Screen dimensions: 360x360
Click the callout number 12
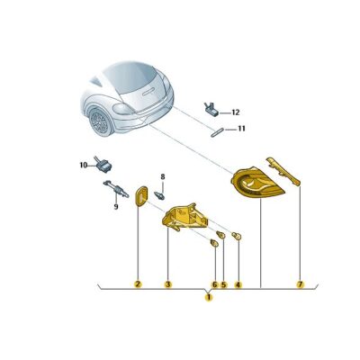pos(236,112)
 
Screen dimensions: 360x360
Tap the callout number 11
pos(241,129)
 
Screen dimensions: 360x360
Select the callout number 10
pos(84,165)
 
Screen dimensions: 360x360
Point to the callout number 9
pos(116,207)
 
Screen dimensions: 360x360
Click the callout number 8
pos(163,176)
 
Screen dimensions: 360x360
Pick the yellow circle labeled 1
pos(208,298)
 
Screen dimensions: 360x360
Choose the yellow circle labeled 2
pos(138,284)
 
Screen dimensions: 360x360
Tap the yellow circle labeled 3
pos(168,284)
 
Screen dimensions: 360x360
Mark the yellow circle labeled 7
pos(301,283)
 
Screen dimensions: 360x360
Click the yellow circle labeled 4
pos(238,284)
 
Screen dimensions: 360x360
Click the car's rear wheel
pos(100,121)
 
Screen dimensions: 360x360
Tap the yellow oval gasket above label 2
pos(141,196)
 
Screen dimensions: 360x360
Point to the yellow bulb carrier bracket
pos(184,217)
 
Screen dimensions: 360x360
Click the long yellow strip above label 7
pos(283,171)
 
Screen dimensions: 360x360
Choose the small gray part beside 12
pos(212,110)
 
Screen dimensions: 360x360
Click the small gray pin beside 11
pos(218,132)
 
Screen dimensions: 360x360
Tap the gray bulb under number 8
pos(159,195)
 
